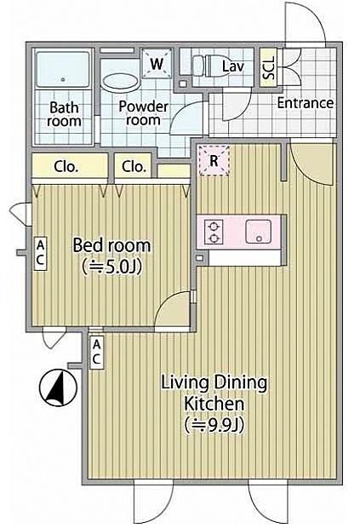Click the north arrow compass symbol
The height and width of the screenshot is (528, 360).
pyautogui.click(x=58, y=388)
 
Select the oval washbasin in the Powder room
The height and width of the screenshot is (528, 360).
pyautogui.click(x=120, y=82)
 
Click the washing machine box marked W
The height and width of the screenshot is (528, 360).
pyautogui.click(x=157, y=64)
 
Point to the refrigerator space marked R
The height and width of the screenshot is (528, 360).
pyautogui.click(x=214, y=161)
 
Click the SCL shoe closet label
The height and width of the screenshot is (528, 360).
pyautogui.click(x=269, y=67)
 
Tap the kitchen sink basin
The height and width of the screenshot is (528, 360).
pyautogui.click(x=259, y=232)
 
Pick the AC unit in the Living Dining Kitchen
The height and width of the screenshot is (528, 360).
pyautogui.click(x=96, y=353)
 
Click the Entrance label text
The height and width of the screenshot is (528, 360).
pyautogui.click(x=306, y=103)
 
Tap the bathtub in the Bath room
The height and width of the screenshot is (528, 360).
pyautogui.click(x=63, y=71)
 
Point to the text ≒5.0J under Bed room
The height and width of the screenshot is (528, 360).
pyautogui.click(x=111, y=267)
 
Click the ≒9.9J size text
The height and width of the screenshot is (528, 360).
pyautogui.click(x=214, y=425)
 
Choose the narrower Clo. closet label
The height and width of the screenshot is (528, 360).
pyautogui.click(x=134, y=166)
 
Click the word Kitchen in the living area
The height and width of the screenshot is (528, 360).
pyautogui.click(x=214, y=404)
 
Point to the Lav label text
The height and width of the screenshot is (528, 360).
pyautogui.click(x=233, y=66)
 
